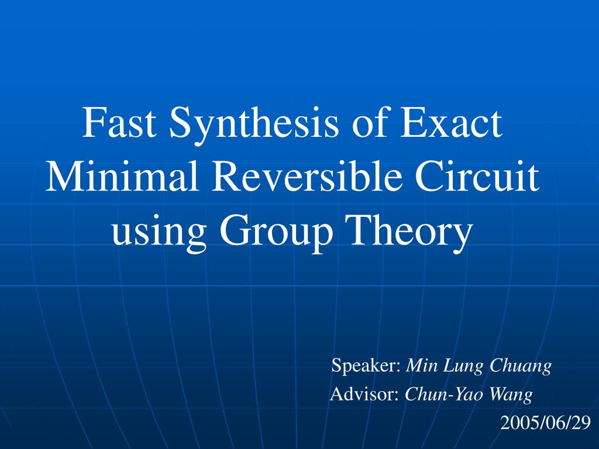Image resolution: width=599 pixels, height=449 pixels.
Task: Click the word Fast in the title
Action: (x=119, y=124)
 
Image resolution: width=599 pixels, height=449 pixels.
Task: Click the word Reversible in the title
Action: (x=304, y=178)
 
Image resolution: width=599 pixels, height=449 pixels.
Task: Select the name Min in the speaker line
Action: (x=419, y=367)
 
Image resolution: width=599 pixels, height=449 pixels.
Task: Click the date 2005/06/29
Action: (x=546, y=423)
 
